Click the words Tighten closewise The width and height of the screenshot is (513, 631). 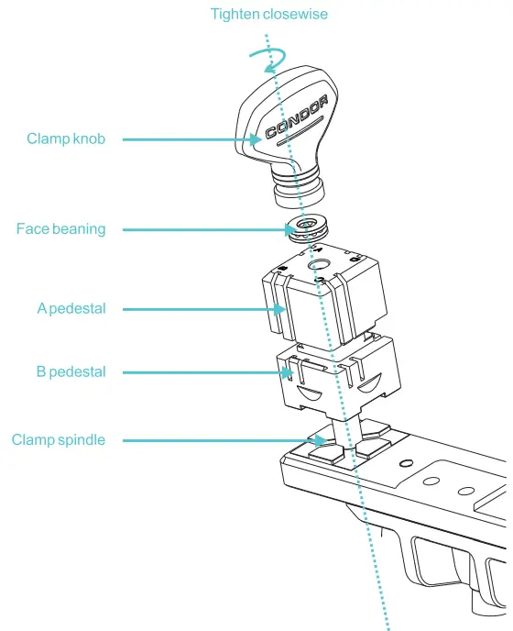tap(268, 14)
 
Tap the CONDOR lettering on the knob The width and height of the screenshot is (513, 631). tap(296, 119)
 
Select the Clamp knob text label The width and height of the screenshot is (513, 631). tap(66, 139)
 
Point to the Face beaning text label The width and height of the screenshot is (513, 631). tap(60, 229)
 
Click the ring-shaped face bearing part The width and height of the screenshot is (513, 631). tap(307, 228)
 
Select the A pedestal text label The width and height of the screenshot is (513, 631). tap(71, 309)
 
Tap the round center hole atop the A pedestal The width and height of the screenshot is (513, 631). tap(322, 267)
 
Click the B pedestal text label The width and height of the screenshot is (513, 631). tap(71, 372)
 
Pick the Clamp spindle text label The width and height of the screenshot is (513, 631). tap(59, 440)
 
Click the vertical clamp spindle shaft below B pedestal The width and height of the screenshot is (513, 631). tap(343, 426)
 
